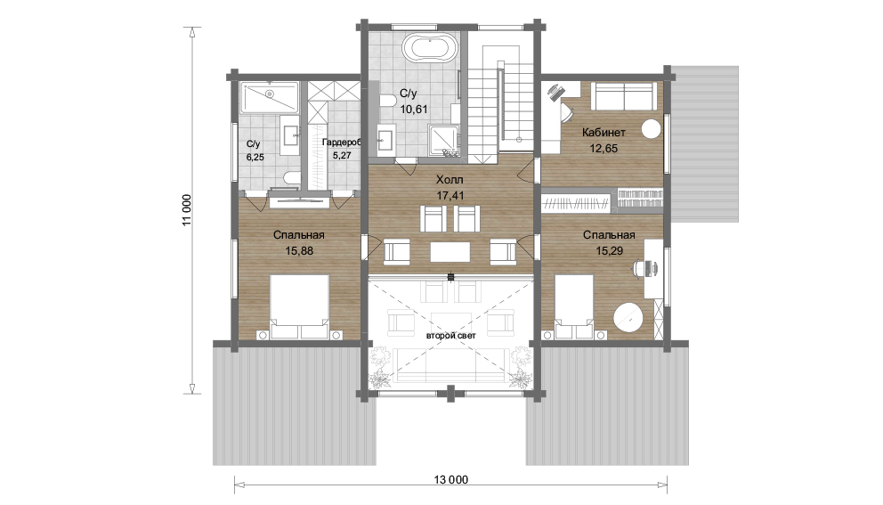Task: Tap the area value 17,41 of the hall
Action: click(x=450, y=196)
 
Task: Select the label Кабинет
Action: click(x=604, y=133)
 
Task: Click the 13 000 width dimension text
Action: click(x=451, y=480)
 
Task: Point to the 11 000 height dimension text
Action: click(x=187, y=210)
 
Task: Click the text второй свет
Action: click(x=451, y=336)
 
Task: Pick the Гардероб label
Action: click(x=341, y=143)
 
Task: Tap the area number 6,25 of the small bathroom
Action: click(x=255, y=158)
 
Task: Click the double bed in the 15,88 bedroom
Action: click(x=299, y=306)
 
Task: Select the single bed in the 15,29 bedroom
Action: click(x=574, y=307)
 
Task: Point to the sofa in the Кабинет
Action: click(x=623, y=96)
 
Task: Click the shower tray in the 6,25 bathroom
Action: click(x=270, y=98)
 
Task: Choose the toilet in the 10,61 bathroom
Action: click(x=387, y=101)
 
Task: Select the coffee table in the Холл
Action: click(x=450, y=251)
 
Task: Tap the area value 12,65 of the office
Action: click(x=604, y=149)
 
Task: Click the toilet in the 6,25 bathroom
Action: click(x=292, y=179)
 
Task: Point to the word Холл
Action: click(x=450, y=180)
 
